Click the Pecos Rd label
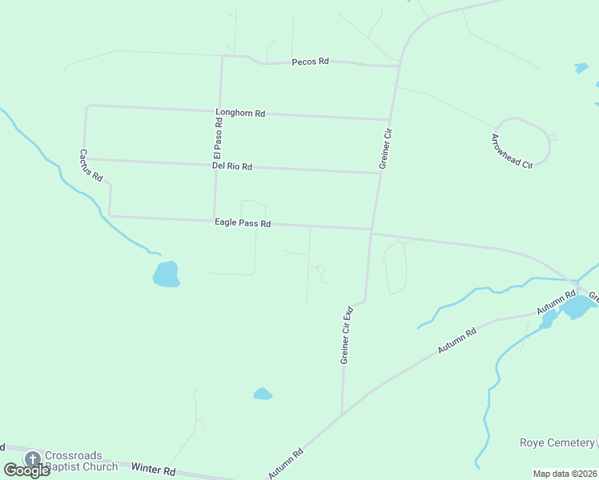(311, 62)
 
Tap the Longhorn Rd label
(240, 114)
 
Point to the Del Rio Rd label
(232, 166)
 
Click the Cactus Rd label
(91, 165)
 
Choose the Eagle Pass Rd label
(243, 223)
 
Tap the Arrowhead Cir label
(512, 150)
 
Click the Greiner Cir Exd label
(347, 335)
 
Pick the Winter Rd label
(153, 469)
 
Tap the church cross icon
(33, 459)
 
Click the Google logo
(26, 470)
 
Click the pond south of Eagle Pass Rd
(166, 274)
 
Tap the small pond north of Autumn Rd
(263, 394)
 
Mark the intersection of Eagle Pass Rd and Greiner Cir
(371, 230)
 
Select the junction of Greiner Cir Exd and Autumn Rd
(342, 414)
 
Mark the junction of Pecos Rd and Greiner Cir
(398, 66)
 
